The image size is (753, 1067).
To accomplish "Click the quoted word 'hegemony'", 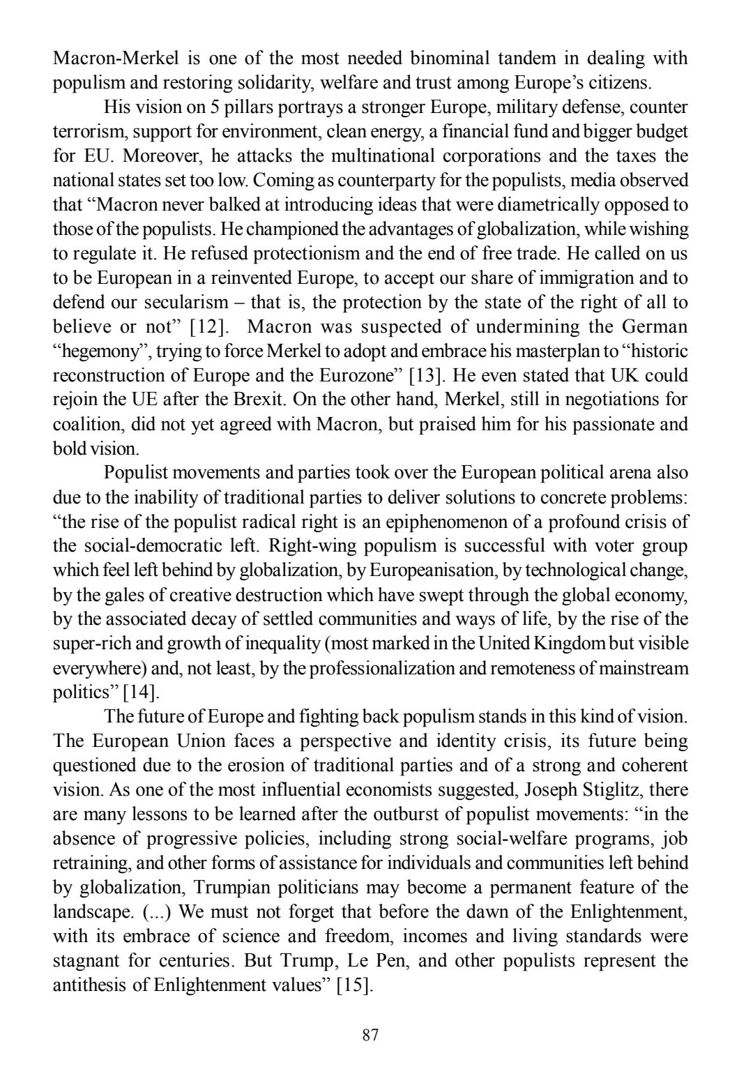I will tap(98, 351).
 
